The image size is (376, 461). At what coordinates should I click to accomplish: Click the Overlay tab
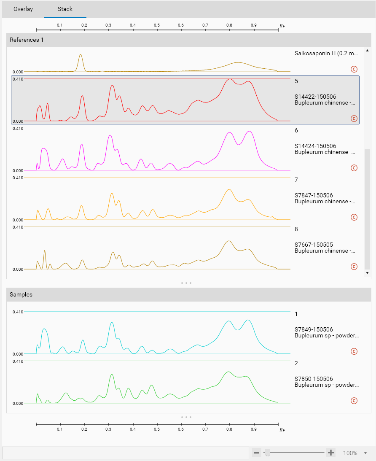23,9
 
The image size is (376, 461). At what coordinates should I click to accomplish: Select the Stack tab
65,9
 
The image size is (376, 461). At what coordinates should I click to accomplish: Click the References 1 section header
27,40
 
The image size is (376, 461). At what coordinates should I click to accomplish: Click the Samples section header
21,294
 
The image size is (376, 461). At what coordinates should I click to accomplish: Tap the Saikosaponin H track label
326,54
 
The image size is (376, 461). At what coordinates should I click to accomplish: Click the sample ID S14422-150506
315,97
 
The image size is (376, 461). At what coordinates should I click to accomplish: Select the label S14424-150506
315,146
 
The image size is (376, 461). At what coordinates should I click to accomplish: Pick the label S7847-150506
314,195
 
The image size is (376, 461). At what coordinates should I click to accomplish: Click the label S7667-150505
314,245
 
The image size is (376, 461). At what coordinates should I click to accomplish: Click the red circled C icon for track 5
354,119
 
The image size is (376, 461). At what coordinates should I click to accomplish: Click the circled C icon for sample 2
354,401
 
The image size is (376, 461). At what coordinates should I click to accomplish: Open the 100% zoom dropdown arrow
366,453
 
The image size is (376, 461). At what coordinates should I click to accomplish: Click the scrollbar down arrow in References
367,273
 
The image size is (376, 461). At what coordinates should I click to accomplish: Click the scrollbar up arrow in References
367,51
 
